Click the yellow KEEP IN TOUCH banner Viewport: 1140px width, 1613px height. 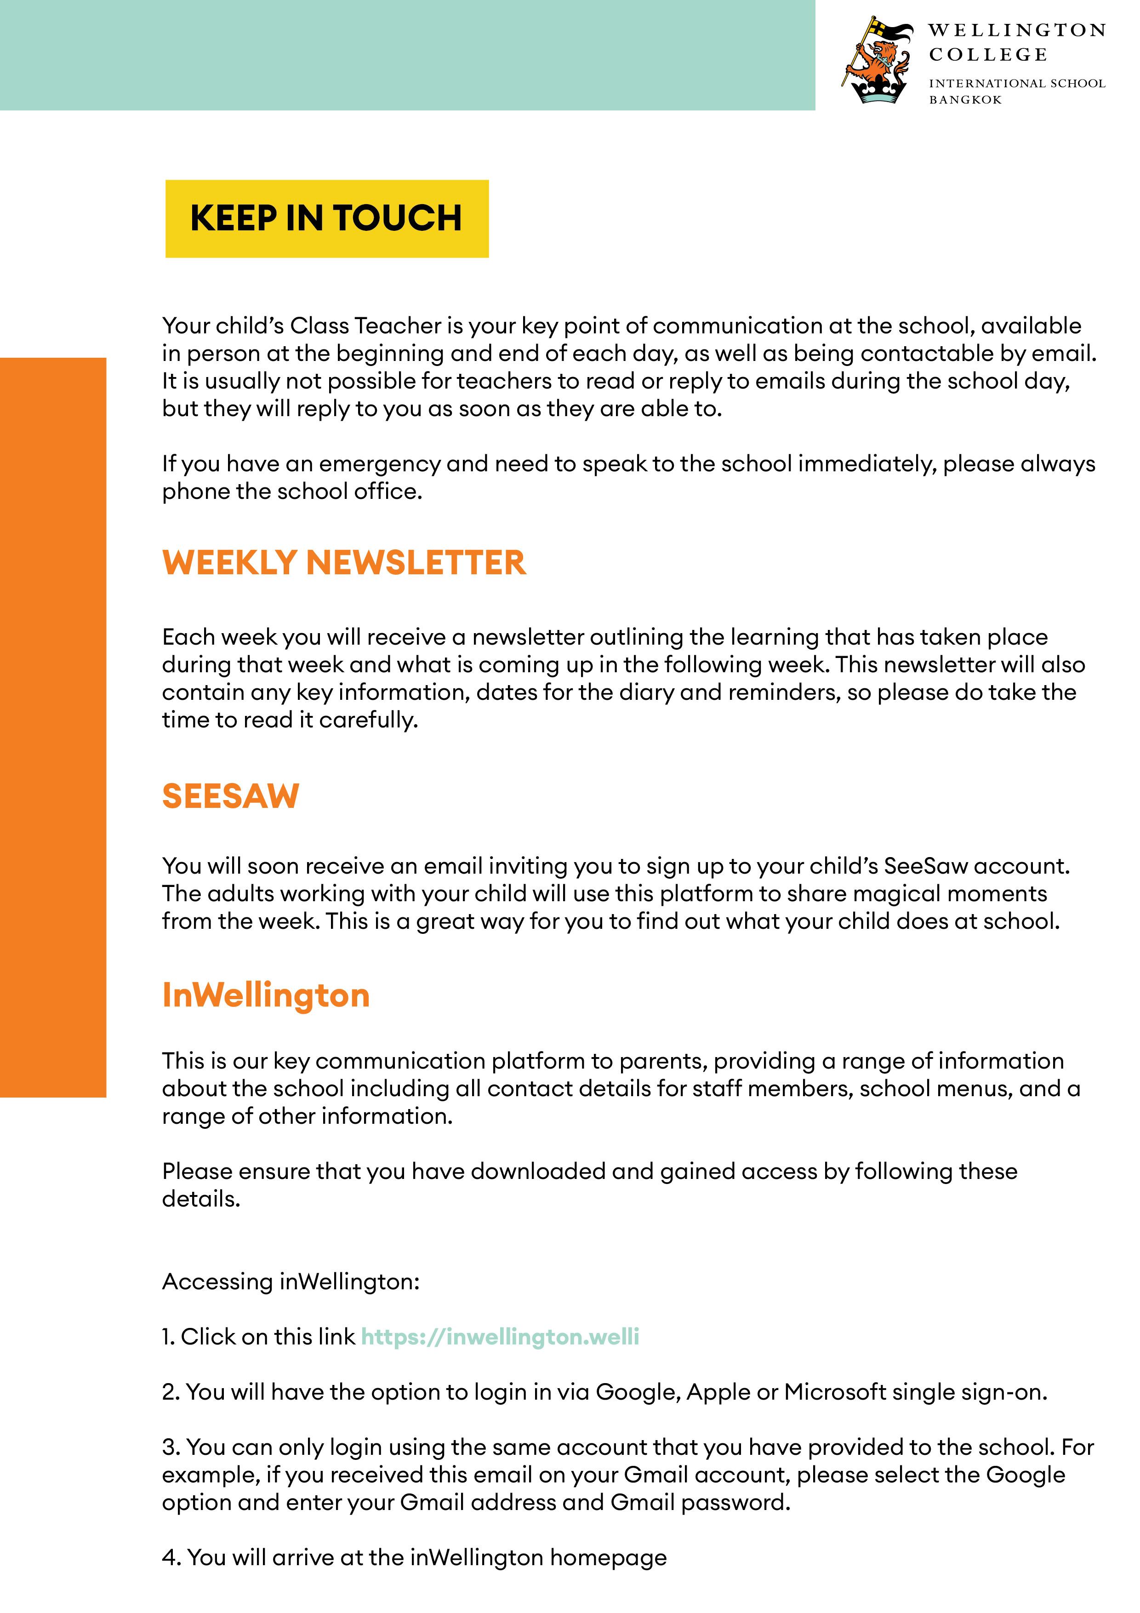point(327,218)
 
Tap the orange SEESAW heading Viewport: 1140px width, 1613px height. point(230,796)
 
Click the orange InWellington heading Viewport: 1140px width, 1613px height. point(266,995)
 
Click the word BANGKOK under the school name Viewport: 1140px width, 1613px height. point(965,100)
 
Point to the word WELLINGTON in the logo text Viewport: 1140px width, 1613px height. point(1016,31)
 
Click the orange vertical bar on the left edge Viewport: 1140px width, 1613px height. point(53,727)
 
